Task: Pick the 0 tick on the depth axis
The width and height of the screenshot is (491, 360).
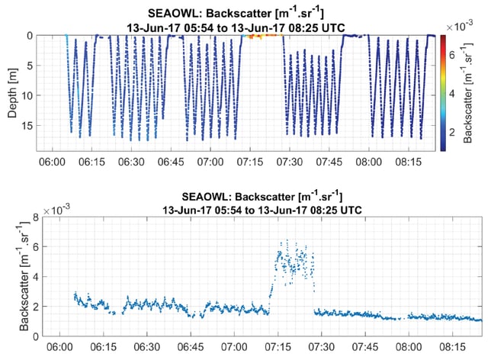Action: [x=30, y=36]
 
